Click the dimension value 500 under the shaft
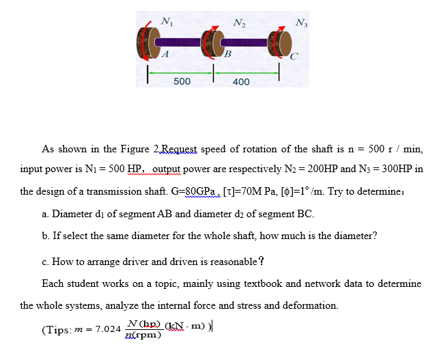click(x=182, y=81)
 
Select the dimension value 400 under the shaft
click(x=241, y=82)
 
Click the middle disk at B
click(x=210, y=44)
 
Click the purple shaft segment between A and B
click(x=179, y=43)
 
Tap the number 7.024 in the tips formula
click(x=108, y=329)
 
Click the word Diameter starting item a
click(x=73, y=214)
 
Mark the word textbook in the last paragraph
click(x=251, y=283)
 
